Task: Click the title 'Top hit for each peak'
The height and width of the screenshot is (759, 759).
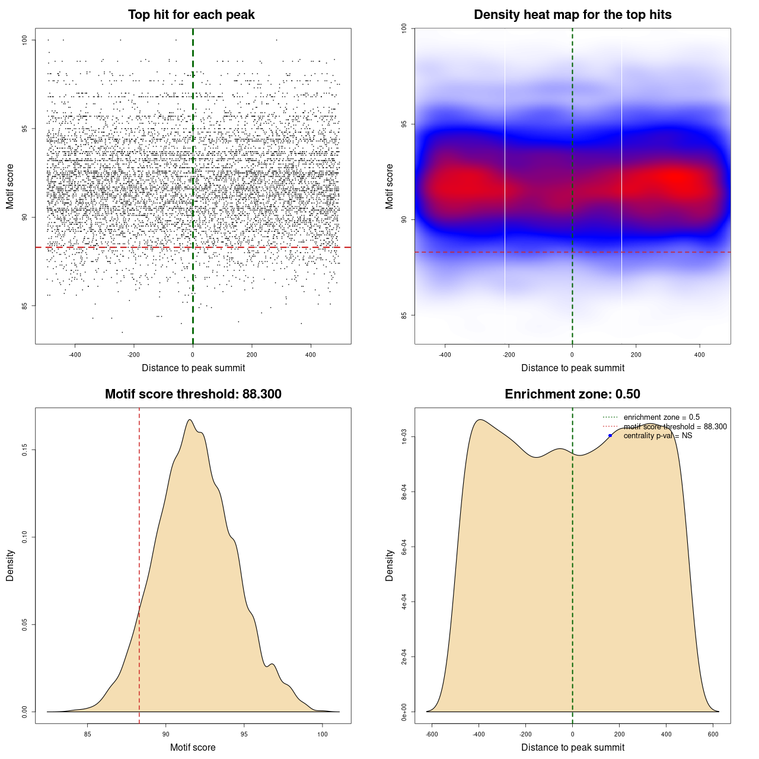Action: pos(191,15)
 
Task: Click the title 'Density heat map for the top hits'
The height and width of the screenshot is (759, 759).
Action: pos(572,15)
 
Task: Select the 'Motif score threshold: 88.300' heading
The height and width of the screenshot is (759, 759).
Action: pos(193,394)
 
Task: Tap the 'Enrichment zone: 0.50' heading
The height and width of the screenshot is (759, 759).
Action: pos(572,394)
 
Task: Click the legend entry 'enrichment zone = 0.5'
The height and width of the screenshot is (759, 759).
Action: pos(661,417)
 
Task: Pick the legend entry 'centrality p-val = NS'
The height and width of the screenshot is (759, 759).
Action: pos(658,436)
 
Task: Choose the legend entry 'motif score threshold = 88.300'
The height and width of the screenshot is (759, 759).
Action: pos(675,427)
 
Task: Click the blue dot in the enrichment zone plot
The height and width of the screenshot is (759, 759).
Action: pos(610,436)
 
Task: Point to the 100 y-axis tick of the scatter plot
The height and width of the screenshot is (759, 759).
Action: pos(25,40)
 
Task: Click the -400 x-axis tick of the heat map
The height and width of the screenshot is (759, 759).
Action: pos(445,355)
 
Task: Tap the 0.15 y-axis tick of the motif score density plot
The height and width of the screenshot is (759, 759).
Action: pos(25,450)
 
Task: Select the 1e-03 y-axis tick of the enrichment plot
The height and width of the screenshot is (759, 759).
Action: pos(404,437)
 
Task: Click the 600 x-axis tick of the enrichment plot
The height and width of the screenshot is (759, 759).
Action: pos(713,734)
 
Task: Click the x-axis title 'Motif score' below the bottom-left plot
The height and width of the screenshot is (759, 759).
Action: pos(193,747)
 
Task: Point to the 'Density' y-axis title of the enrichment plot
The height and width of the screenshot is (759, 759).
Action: pos(390,565)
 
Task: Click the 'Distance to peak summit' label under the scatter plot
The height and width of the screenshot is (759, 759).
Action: pos(193,368)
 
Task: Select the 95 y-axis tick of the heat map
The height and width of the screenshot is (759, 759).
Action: pos(404,124)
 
